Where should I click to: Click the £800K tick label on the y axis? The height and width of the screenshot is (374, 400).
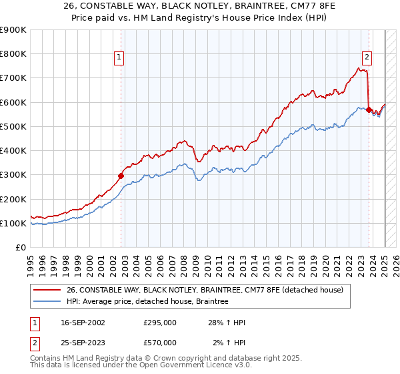pos(13,54)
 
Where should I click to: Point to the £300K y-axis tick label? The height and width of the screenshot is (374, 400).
pos(13,175)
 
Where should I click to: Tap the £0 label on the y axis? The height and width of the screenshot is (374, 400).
pos(21,248)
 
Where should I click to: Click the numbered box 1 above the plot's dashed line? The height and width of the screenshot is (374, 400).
pos(119,58)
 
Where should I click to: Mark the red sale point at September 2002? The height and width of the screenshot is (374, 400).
pos(121,176)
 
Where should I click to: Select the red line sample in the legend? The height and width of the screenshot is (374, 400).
pos(46,290)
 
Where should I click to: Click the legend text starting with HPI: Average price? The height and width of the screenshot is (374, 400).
pos(147,302)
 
